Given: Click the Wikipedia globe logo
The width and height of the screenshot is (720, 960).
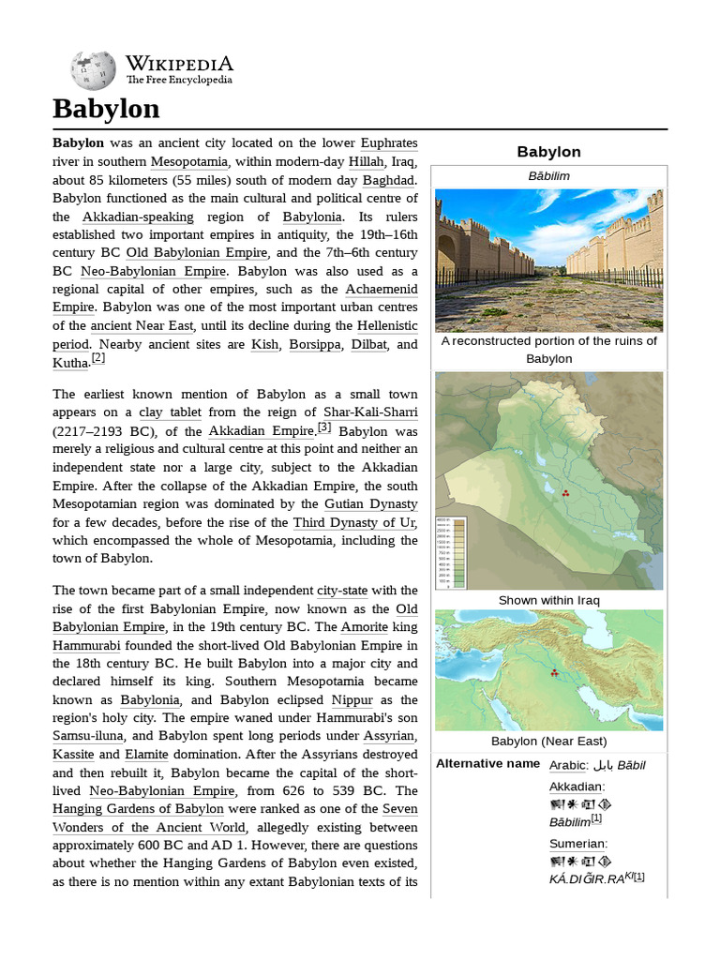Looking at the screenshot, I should (93, 70).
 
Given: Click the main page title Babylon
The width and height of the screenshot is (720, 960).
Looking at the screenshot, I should (106, 109).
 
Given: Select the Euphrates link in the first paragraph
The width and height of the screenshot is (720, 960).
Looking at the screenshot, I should (389, 143).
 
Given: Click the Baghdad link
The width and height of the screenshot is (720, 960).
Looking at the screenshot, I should (390, 180).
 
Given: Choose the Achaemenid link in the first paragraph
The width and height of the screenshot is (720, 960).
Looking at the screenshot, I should (382, 290).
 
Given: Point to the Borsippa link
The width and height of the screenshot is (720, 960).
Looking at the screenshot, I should (316, 345).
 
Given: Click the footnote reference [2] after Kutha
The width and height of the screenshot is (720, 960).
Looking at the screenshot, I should (98, 358).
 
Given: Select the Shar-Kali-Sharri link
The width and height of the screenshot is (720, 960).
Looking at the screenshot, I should (370, 412).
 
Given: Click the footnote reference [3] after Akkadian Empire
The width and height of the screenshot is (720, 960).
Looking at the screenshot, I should (324, 427).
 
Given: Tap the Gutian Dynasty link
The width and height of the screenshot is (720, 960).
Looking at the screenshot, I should (371, 504).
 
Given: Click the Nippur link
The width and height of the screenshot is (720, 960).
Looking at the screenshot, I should (352, 700).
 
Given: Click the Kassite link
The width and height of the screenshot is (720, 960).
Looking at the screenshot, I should (73, 755).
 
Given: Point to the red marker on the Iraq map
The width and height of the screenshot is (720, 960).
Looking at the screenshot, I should (564, 493).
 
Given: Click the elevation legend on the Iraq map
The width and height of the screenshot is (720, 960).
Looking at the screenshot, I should (452, 552).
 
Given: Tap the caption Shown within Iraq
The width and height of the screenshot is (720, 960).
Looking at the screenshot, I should (548, 600).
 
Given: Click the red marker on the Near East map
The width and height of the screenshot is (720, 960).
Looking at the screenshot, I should (554, 673).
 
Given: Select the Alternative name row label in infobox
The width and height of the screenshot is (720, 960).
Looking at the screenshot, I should (488, 764).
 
